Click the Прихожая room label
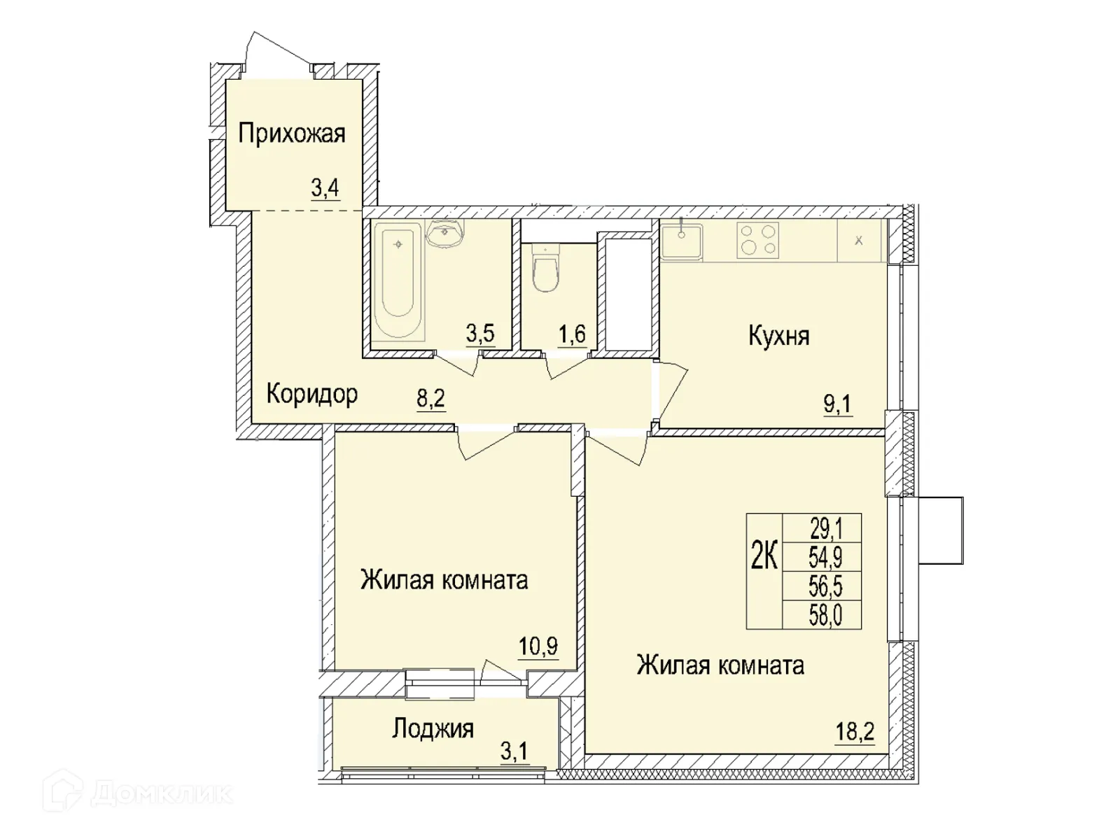pyautogui.click(x=292, y=133)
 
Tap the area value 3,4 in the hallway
pyautogui.click(x=325, y=188)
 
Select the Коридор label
pyautogui.click(x=312, y=394)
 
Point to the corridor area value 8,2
pyautogui.click(x=430, y=399)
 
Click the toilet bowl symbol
pyautogui.click(x=545, y=271)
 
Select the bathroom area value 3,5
pyautogui.click(x=480, y=334)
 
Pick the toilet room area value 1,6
pyautogui.click(x=571, y=334)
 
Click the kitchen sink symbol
pyautogui.click(x=681, y=239)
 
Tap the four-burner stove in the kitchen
pyautogui.click(x=757, y=240)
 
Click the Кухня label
pyautogui.click(x=778, y=336)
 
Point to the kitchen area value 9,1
pyautogui.click(x=837, y=404)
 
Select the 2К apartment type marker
pyautogui.click(x=764, y=558)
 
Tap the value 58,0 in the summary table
pyautogui.click(x=826, y=616)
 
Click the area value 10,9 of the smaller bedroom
pyautogui.click(x=538, y=646)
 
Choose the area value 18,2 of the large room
pyautogui.click(x=854, y=733)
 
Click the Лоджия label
pyautogui.click(x=433, y=728)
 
